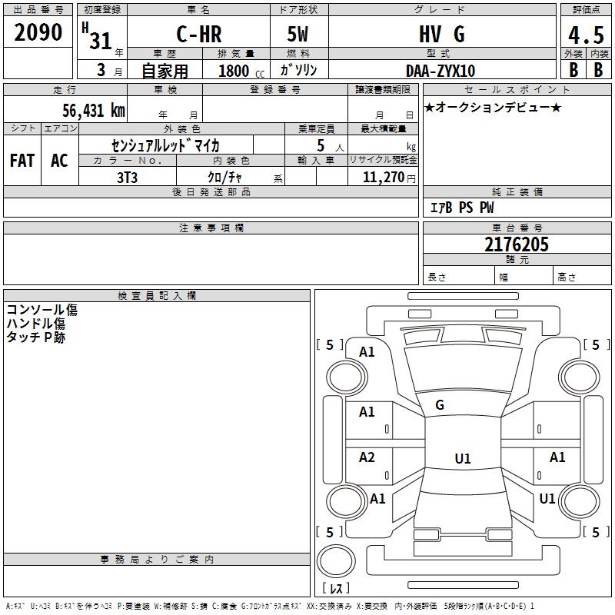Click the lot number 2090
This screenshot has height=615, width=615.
click(x=38, y=32)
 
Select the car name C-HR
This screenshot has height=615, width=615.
click(x=199, y=35)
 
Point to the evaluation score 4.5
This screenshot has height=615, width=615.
click(x=585, y=35)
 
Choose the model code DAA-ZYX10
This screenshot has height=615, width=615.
click(x=440, y=71)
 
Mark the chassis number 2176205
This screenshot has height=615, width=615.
click(x=517, y=244)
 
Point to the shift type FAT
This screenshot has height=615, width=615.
click(x=22, y=161)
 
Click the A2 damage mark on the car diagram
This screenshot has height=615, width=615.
click(x=367, y=457)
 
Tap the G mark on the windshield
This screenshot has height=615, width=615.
click(x=440, y=405)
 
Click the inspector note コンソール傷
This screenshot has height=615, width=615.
click(x=42, y=310)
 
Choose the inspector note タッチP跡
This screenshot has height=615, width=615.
click(x=36, y=337)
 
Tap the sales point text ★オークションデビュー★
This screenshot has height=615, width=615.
click(x=493, y=107)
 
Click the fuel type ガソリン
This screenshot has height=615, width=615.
click(x=299, y=71)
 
